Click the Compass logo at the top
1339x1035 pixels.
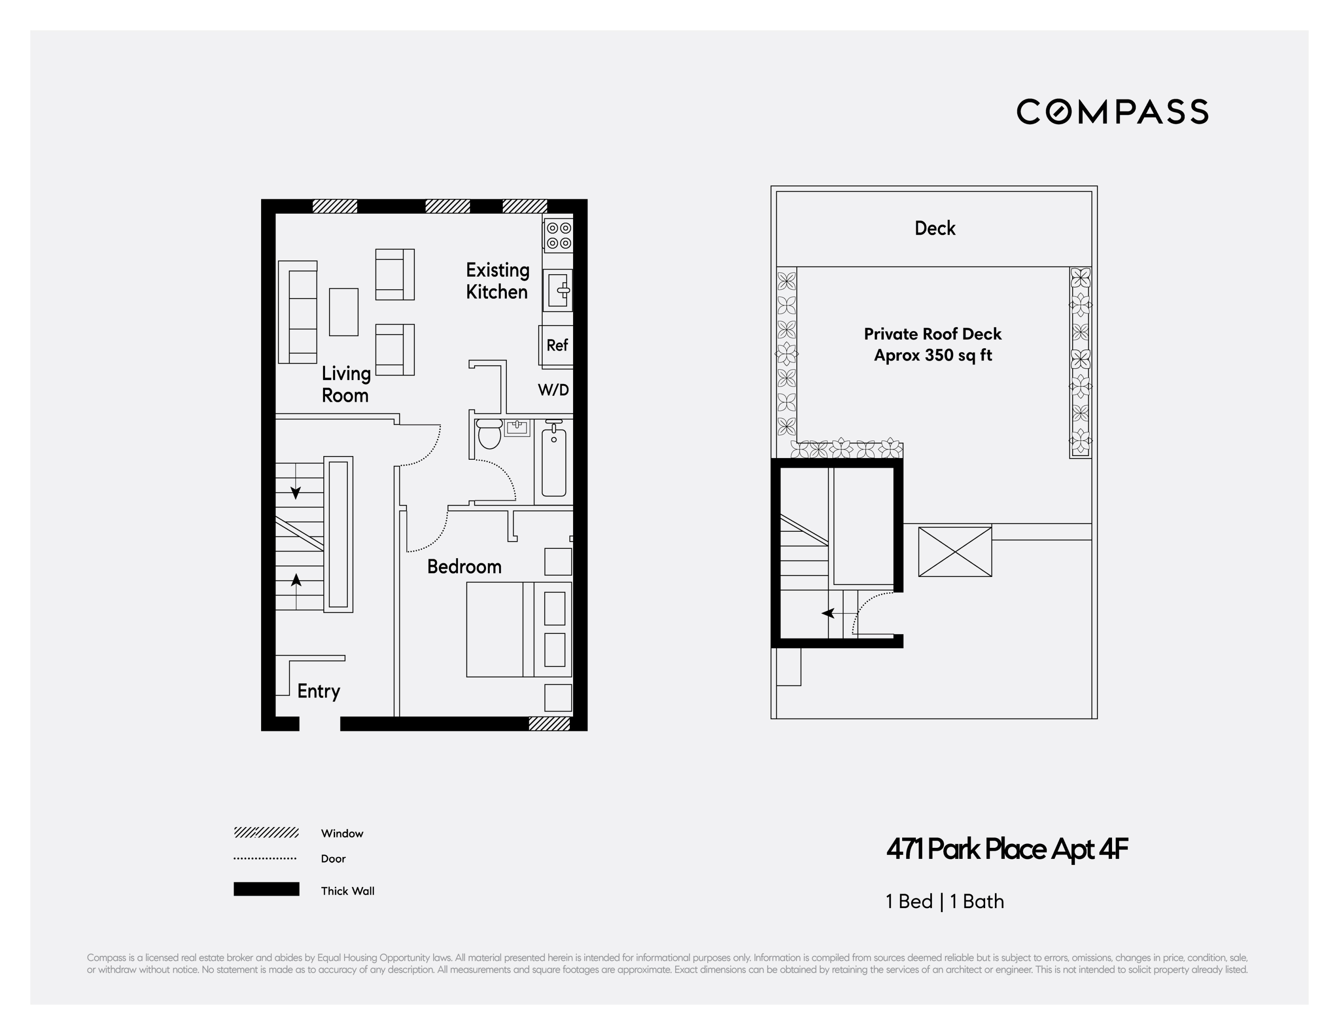pyautogui.click(x=1112, y=111)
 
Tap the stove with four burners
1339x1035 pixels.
pyautogui.click(x=558, y=236)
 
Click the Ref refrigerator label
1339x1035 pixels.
pyautogui.click(x=557, y=346)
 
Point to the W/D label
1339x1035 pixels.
pyautogui.click(x=553, y=390)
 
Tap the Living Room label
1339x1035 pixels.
pyautogui.click(x=346, y=384)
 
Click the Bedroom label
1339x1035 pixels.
pyautogui.click(x=464, y=567)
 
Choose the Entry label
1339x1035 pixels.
pyautogui.click(x=318, y=691)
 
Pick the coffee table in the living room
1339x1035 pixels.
pyautogui.click(x=343, y=312)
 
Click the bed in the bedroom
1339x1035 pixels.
pyautogui.click(x=519, y=630)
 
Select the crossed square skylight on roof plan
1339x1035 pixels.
pyautogui.click(x=955, y=551)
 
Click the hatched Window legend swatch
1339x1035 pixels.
pyautogui.click(x=266, y=833)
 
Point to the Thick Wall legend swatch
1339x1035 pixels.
pyautogui.click(x=266, y=889)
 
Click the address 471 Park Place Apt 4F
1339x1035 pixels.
pyautogui.click(x=1007, y=849)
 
